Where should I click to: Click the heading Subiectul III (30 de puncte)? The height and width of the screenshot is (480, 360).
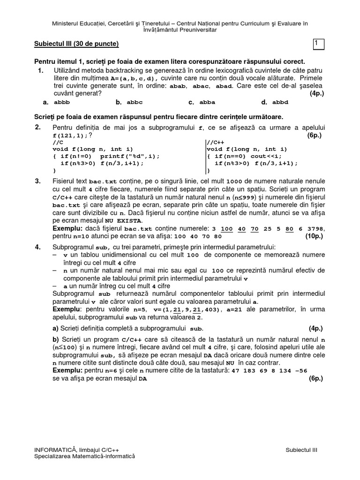76,44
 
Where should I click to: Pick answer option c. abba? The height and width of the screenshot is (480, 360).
202,102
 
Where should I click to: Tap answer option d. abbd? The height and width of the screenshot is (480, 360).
275,102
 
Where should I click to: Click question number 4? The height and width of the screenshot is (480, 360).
38,247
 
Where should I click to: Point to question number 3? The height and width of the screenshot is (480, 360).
38,181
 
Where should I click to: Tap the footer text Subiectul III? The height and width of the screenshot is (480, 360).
301,450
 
